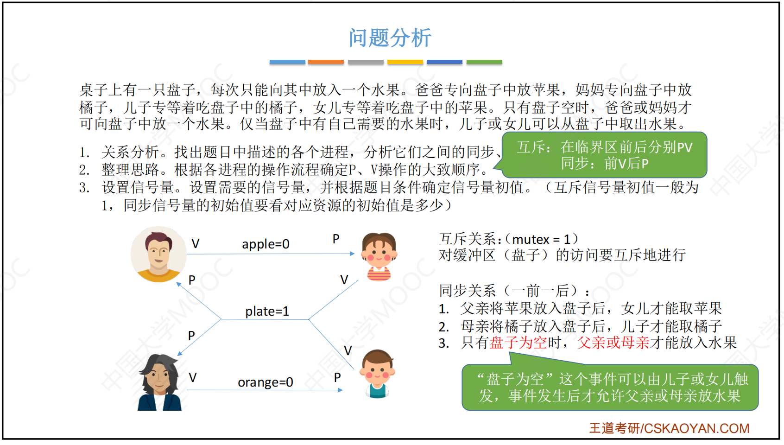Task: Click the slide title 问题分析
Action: pyautogui.click(x=390, y=38)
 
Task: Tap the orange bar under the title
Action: pyautogui.click(x=326, y=62)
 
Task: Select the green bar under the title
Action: pyautogui.click(x=484, y=62)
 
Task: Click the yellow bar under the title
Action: pyautogui.click(x=405, y=62)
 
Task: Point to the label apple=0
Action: pyautogui.click(x=266, y=244)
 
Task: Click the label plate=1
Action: pyautogui.click(x=267, y=311)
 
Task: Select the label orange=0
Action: pyautogui.click(x=266, y=382)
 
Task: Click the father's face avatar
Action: pyautogui.click(x=158, y=254)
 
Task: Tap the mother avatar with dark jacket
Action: pyautogui.click(x=159, y=382)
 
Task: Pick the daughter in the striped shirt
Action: pyautogui.click(x=379, y=257)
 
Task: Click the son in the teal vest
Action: pyautogui.click(x=377, y=374)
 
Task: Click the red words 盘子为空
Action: pyautogui.click(x=518, y=343)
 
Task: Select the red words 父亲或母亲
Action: pyautogui.click(x=613, y=343)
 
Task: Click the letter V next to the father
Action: pyautogui.click(x=195, y=244)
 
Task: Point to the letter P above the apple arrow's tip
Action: pyautogui.click(x=336, y=239)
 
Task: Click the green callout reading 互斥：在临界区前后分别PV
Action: pyautogui.click(x=605, y=155)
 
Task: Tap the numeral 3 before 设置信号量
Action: pyautogui.click(x=84, y=188)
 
